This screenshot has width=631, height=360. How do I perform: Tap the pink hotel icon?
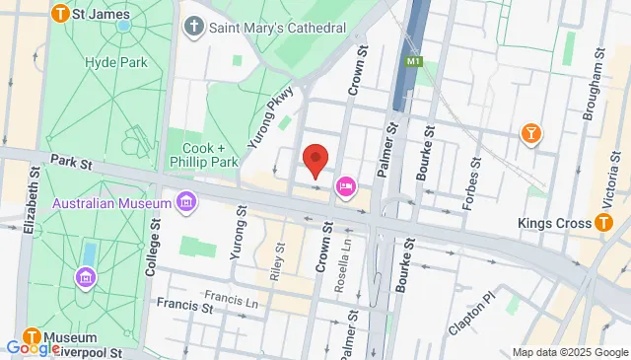346,185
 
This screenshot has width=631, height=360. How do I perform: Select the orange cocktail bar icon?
532,133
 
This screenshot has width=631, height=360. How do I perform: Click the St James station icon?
60,14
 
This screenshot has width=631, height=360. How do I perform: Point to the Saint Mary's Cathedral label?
278,28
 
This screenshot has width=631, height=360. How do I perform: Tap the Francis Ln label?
230,296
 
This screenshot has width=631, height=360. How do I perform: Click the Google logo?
33,347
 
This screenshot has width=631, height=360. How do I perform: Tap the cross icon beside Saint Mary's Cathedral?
194,27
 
